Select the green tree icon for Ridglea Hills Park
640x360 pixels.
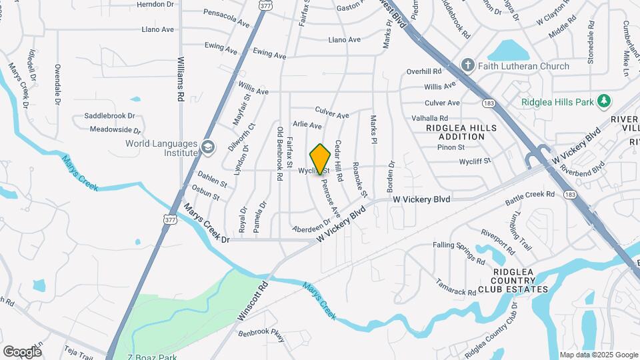point(604,101)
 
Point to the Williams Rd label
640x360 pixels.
point(180,79)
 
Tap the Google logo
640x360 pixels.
point(22,351)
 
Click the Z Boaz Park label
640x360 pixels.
point(154,357)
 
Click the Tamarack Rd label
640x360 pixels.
point(455,286)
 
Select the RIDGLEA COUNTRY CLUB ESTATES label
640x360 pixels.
point(520,281)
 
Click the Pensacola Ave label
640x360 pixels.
point(227,17)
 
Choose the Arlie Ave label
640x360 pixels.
point(307,125)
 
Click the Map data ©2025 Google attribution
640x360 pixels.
point(598,355)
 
